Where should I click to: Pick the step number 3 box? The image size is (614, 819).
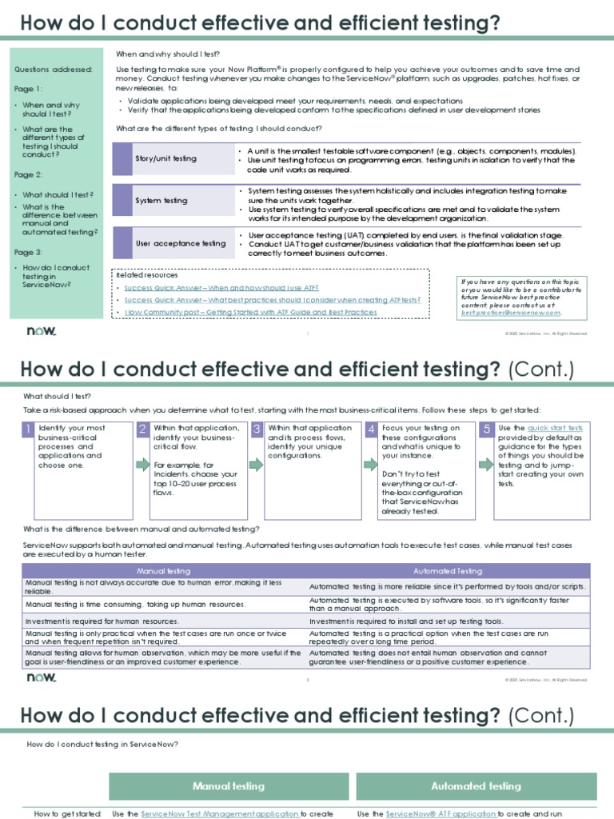point(257,429)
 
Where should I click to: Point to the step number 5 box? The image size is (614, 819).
point(486,429)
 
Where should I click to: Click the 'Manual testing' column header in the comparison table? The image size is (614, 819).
point(164,571)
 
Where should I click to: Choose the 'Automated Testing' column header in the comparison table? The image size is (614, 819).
point(448,571)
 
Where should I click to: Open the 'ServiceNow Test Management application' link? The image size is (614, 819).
point(220,813)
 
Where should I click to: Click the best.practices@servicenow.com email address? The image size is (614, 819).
point(512,313)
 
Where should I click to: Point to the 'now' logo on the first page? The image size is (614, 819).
point(42,331)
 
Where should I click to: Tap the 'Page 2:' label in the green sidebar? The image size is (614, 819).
point(29,174)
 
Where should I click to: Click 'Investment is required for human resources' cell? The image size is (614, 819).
point(102,621)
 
